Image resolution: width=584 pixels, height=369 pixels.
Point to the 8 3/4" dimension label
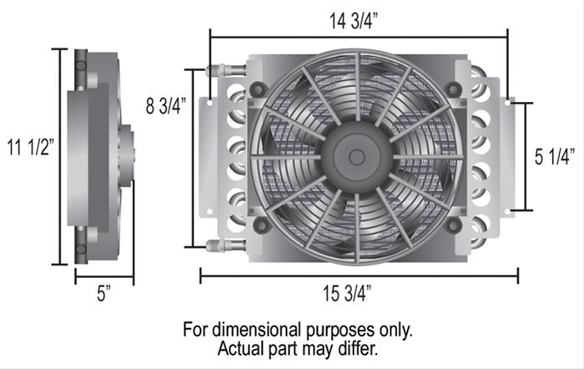tap(164, 106)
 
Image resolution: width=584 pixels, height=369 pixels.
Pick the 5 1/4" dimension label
tap(555, 155)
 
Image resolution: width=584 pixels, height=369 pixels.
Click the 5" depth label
tap(103, 294)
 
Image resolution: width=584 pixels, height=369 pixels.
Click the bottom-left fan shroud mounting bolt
tap(259, 225)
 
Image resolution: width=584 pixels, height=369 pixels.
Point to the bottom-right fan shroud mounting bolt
tap(453, 225)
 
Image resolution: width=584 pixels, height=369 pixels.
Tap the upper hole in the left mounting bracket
tap(211, 102)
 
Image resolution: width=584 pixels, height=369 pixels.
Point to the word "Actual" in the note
tap(240, 346)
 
